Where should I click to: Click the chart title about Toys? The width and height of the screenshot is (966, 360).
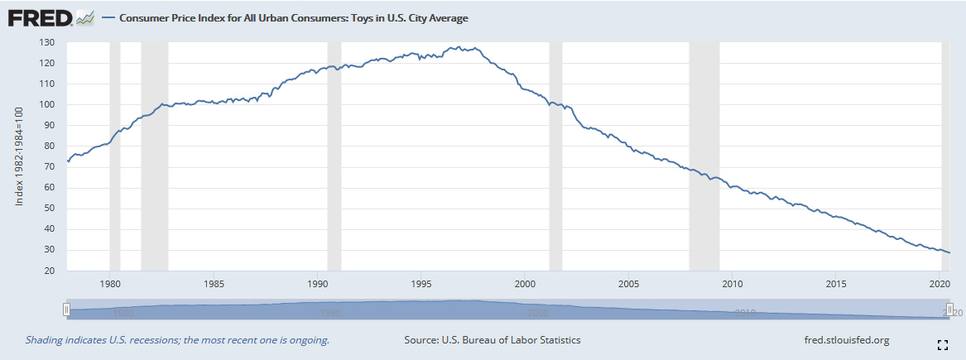point(294,17)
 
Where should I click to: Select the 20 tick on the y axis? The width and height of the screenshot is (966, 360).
point(49,271)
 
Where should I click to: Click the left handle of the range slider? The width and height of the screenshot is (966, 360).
point(67,310)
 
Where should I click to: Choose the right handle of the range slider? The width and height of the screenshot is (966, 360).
point(950,310)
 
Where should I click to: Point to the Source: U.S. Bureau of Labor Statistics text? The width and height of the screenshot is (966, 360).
point(492,340)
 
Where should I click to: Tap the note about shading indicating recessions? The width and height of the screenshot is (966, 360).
point(178,340)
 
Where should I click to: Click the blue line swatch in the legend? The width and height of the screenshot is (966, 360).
point(108,17)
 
